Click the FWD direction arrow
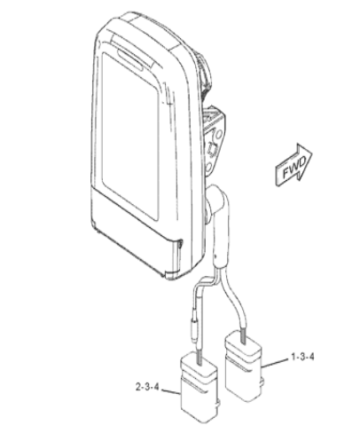click(293, 166)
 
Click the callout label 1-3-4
click(302, 357)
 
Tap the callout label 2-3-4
click(147, 387)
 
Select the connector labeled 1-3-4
click(243, 366)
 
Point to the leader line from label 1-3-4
click(275, 363)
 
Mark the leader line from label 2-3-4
click(171, 392)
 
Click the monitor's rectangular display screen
click(130, 135)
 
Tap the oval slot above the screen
click(129, 59)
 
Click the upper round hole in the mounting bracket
click(219, 135)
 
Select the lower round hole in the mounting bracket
click(208, 168)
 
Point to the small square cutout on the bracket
click(212, 149)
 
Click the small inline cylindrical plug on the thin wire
click(195, 326)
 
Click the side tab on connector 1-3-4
click(261, 382)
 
